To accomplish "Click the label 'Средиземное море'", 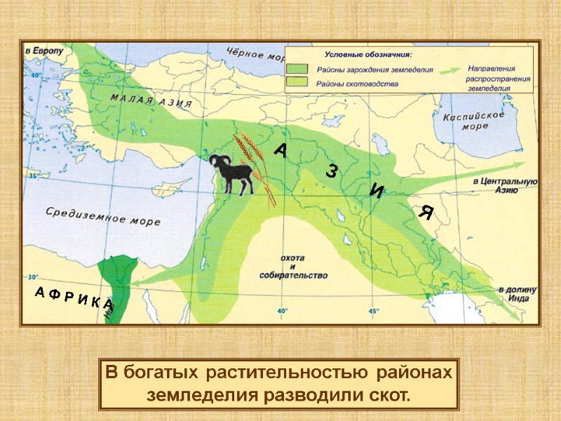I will click(103, 215).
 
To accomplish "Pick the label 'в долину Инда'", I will click(518, 293).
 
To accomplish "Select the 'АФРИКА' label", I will click(73, 299).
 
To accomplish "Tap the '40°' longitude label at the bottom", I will click(282, 310).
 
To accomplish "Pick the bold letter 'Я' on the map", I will click(425, 213).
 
